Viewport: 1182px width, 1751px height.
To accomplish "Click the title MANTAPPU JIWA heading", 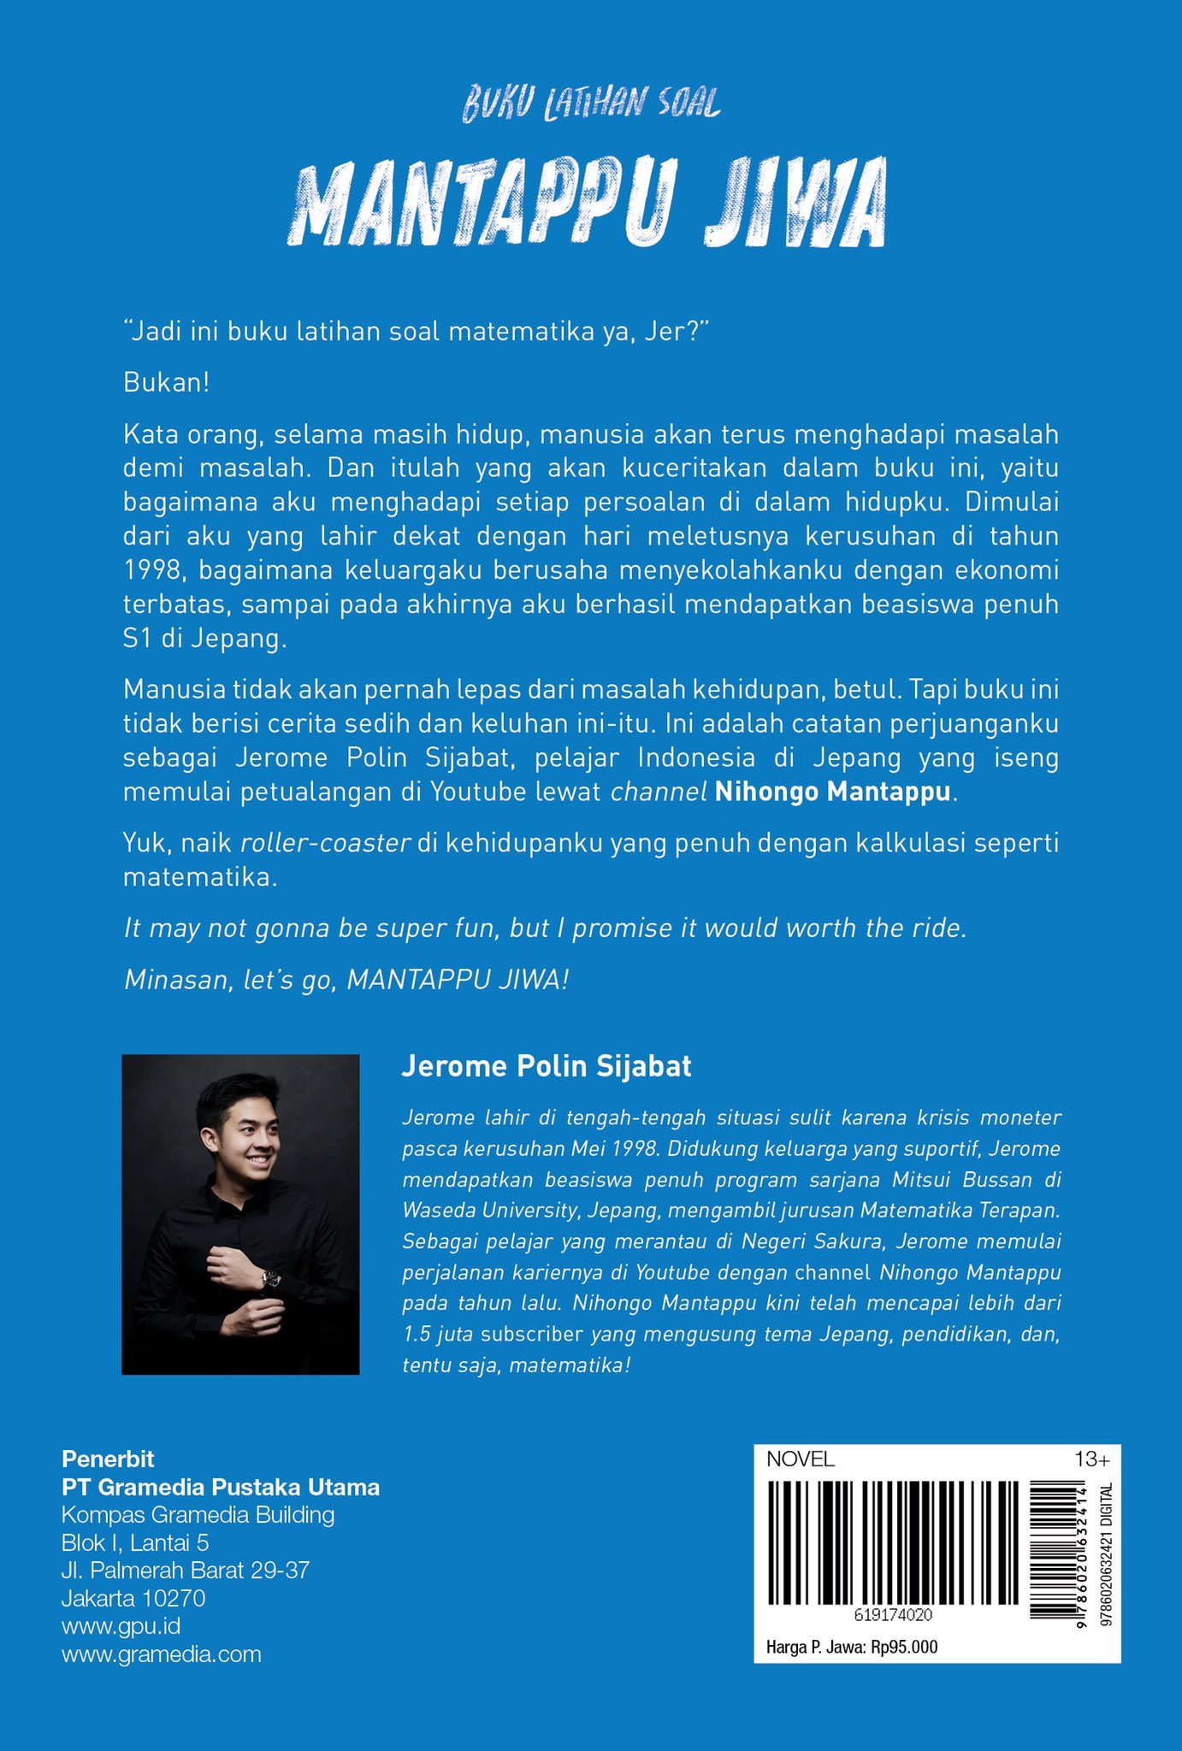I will [587, 203].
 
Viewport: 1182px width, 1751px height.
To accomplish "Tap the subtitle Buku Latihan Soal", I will [591, 104].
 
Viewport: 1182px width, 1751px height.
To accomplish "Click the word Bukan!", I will [166, 382].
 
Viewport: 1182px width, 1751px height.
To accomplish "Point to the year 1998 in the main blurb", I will [149, 570].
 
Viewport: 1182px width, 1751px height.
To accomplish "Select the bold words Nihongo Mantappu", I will [832, 792].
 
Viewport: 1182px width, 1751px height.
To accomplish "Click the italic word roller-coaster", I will [326, 843].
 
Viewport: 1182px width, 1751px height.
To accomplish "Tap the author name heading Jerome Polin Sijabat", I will [546, 1066].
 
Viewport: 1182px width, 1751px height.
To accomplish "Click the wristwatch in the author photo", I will [270, 1279].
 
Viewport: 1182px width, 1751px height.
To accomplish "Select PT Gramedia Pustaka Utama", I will [221, 1487].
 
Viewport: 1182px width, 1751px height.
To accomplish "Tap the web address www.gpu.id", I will [121, 1625].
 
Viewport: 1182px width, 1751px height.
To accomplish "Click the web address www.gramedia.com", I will [161, 1654].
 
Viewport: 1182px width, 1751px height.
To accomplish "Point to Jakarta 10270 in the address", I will [133, 1598].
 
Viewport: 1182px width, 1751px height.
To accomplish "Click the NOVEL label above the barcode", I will [800, 1459].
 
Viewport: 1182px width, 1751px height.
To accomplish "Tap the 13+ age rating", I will [1091, 1459].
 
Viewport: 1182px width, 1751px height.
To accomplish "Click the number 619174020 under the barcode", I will [892, 1615].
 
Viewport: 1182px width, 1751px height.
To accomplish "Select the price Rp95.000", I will [904, 1647].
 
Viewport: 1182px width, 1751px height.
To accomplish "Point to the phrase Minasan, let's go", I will [231, 980].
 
